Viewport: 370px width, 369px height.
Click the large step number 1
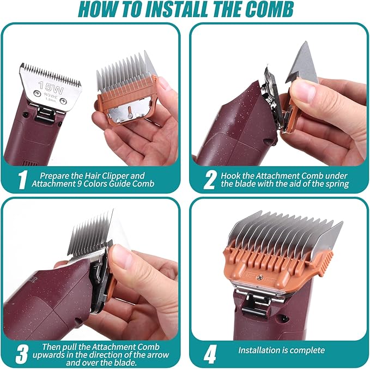point(22,180)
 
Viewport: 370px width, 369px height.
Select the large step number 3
point(22,354)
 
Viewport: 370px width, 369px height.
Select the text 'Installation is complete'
point(281,350)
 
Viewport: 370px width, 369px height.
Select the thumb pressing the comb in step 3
point(120,256)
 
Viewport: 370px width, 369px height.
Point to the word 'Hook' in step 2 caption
point(230,176)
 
